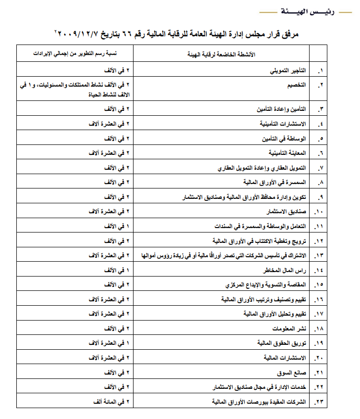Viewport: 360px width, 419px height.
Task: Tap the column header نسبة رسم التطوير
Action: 75,53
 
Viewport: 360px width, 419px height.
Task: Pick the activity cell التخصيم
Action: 296,85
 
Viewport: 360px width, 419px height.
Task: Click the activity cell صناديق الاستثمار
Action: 284,212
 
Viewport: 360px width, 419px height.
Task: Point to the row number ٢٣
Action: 319,401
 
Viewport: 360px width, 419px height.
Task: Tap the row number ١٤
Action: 319,270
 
